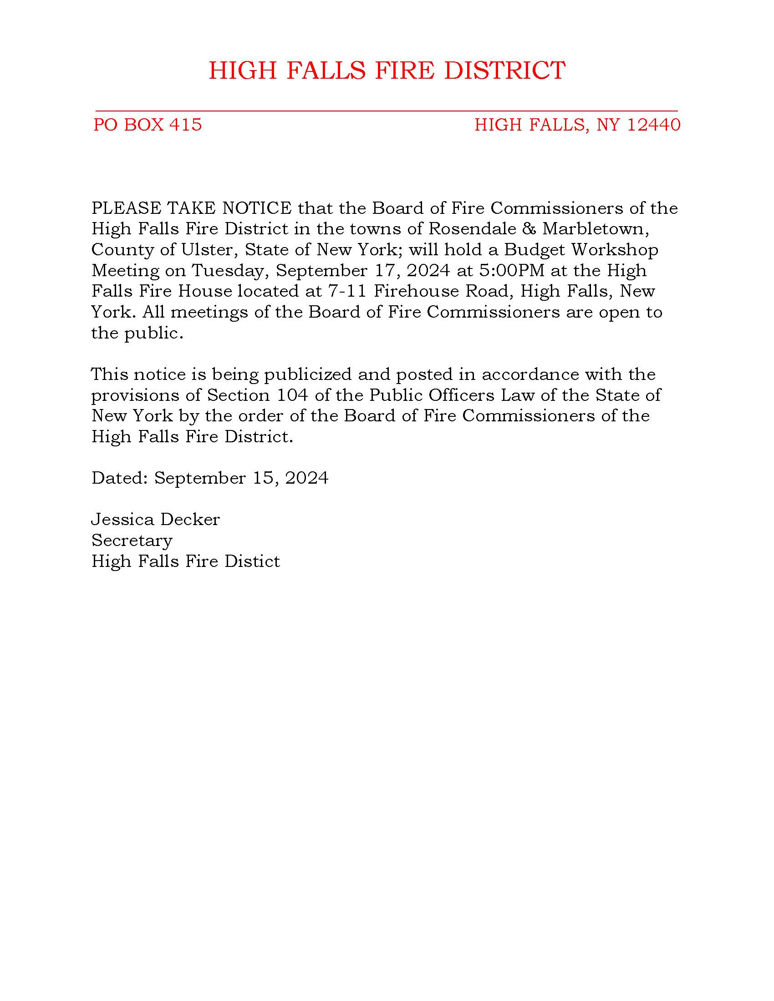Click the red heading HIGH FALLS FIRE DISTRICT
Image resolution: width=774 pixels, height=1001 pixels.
tap(387, 71)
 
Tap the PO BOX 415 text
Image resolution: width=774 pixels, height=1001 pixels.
tap(148, 125)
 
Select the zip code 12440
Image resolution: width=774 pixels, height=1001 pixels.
tap(653, 125)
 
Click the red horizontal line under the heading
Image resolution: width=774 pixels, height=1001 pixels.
tap(386, 111)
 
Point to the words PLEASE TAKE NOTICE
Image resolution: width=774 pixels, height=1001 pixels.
tap(192, 208)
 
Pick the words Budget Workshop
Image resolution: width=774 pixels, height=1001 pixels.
tap(581, 250)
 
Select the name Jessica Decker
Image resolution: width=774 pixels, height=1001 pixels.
tap(156, 520)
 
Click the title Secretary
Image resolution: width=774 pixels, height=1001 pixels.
tap(132, 541)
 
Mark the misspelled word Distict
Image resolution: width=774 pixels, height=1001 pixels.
tap(252, 561)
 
